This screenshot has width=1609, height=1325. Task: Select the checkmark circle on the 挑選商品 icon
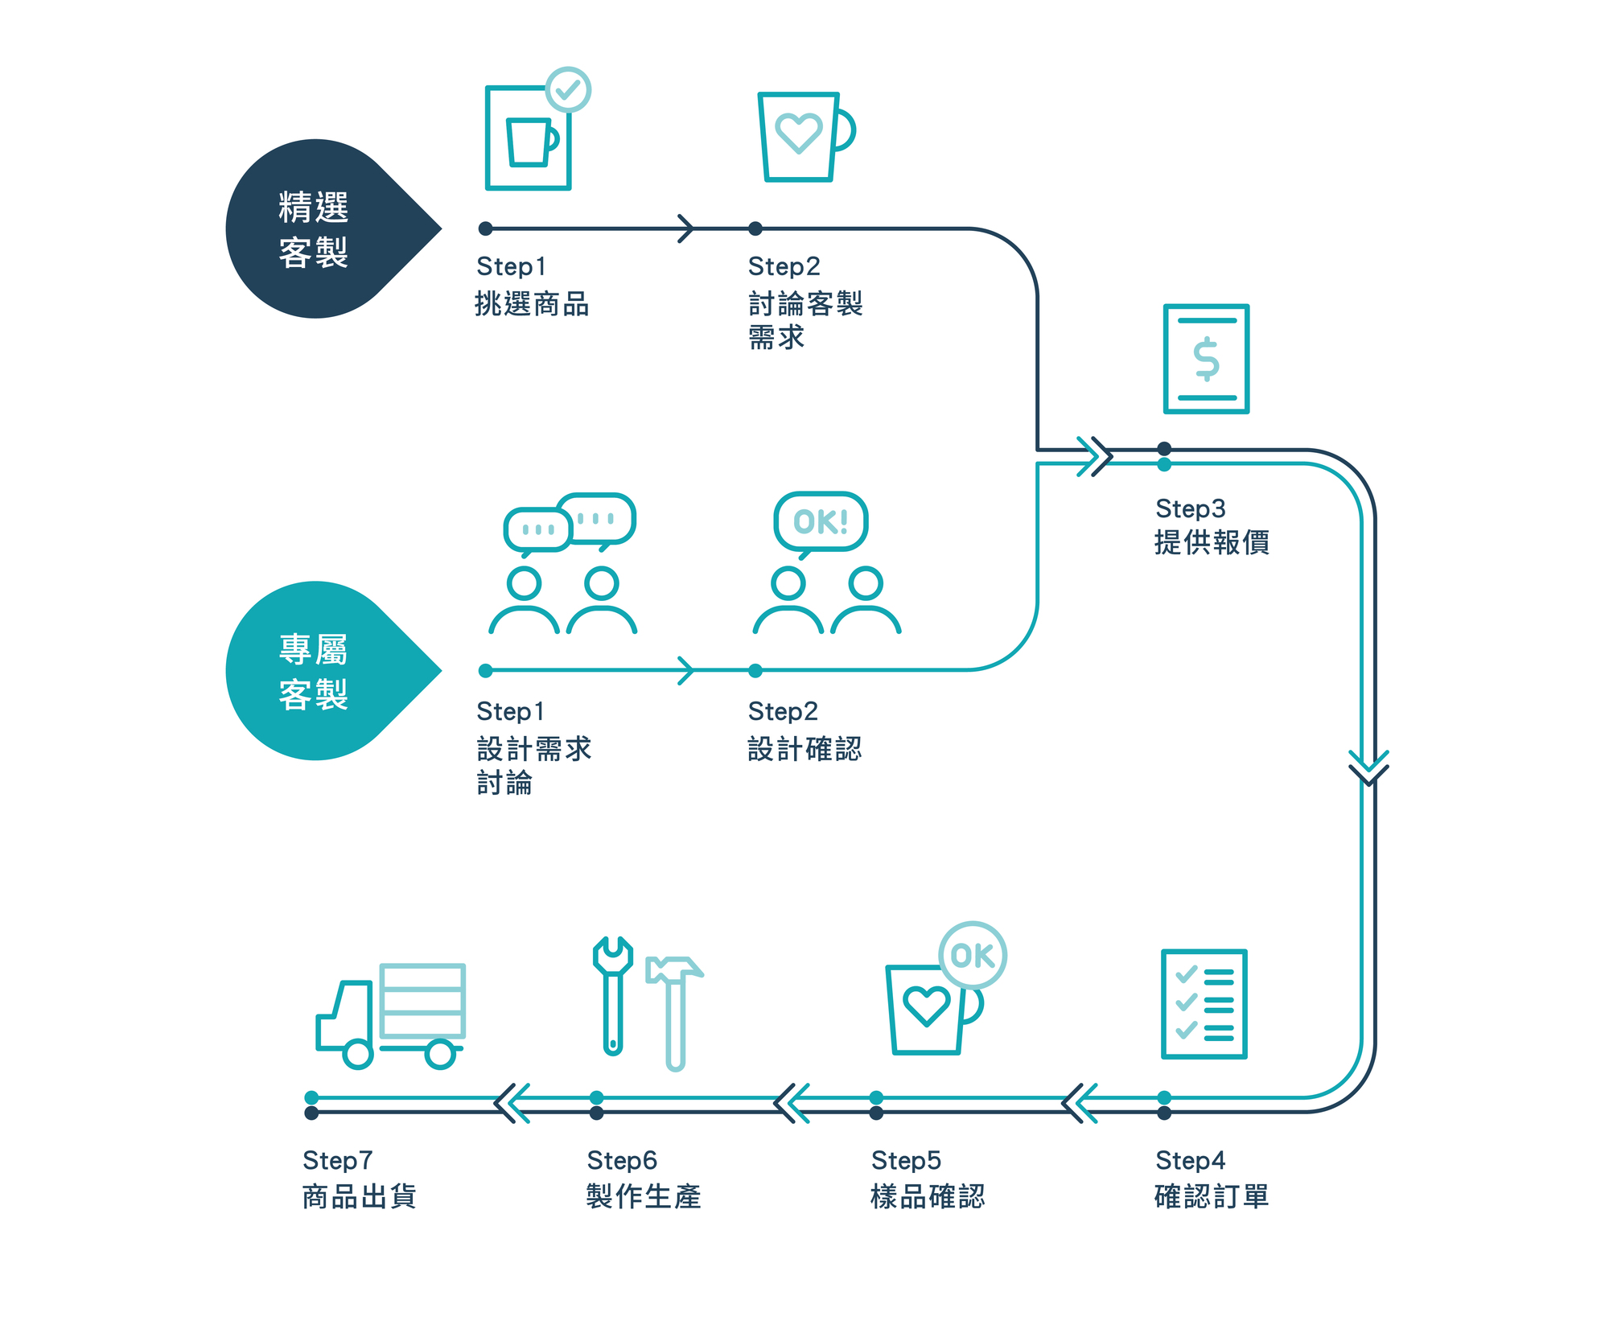(568, 89)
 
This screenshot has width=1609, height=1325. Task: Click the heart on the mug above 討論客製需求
(798, 132)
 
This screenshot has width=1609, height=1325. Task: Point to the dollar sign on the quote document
(1206, 359)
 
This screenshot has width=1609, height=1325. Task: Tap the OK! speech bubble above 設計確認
(821, 521)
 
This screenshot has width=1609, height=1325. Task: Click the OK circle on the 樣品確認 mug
(973, 955)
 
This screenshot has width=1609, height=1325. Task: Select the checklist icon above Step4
(1204, 1004)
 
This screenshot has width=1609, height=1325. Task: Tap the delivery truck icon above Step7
(391, 1015)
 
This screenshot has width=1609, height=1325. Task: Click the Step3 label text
(1190, 508)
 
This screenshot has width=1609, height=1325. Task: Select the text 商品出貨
(359, 1196)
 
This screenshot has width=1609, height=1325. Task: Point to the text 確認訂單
(1211, 1196)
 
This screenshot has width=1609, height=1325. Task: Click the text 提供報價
(1211, 542)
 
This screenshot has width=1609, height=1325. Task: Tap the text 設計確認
(804, 749)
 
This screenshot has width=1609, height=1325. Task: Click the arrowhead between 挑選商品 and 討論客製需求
(685, 228)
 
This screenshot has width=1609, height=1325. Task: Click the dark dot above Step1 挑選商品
(485, 228)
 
